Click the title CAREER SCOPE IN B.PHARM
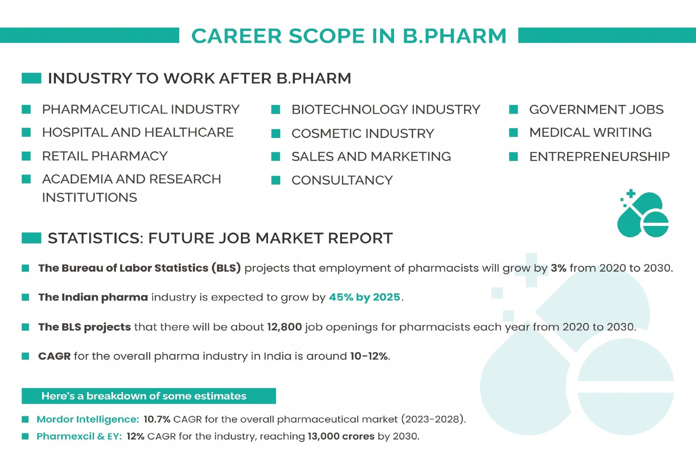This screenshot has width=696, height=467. pos(348,35)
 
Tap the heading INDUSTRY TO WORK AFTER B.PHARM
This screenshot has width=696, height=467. pos(200,78)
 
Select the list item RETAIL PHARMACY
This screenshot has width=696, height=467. pos(105,156)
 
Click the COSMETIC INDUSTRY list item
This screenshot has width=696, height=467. pos(363,134)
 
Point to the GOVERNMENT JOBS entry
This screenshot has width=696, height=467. pos(596,109)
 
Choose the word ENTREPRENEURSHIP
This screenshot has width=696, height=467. pos(599,156)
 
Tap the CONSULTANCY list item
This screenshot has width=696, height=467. pos(342,180)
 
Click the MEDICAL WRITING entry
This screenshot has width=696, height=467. pos(590,132)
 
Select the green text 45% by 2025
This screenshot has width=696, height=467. pos(365,297)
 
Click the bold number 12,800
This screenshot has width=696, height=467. pos(284,327)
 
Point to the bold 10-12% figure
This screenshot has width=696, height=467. pos(369,356)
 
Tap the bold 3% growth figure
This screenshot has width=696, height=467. pos(559,268)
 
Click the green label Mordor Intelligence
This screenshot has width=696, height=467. pos(88,420)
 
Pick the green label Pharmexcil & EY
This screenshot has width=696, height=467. pos(79,437)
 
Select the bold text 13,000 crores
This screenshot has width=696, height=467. pos(341,437)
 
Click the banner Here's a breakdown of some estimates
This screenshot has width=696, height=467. pos(148,396)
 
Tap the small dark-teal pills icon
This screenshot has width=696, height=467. pos(642,213)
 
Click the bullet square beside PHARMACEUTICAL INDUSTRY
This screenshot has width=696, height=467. pos(26,109)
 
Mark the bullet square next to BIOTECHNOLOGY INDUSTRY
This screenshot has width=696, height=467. pos(276,110)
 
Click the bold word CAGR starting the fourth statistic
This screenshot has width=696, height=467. pos(54,356)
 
